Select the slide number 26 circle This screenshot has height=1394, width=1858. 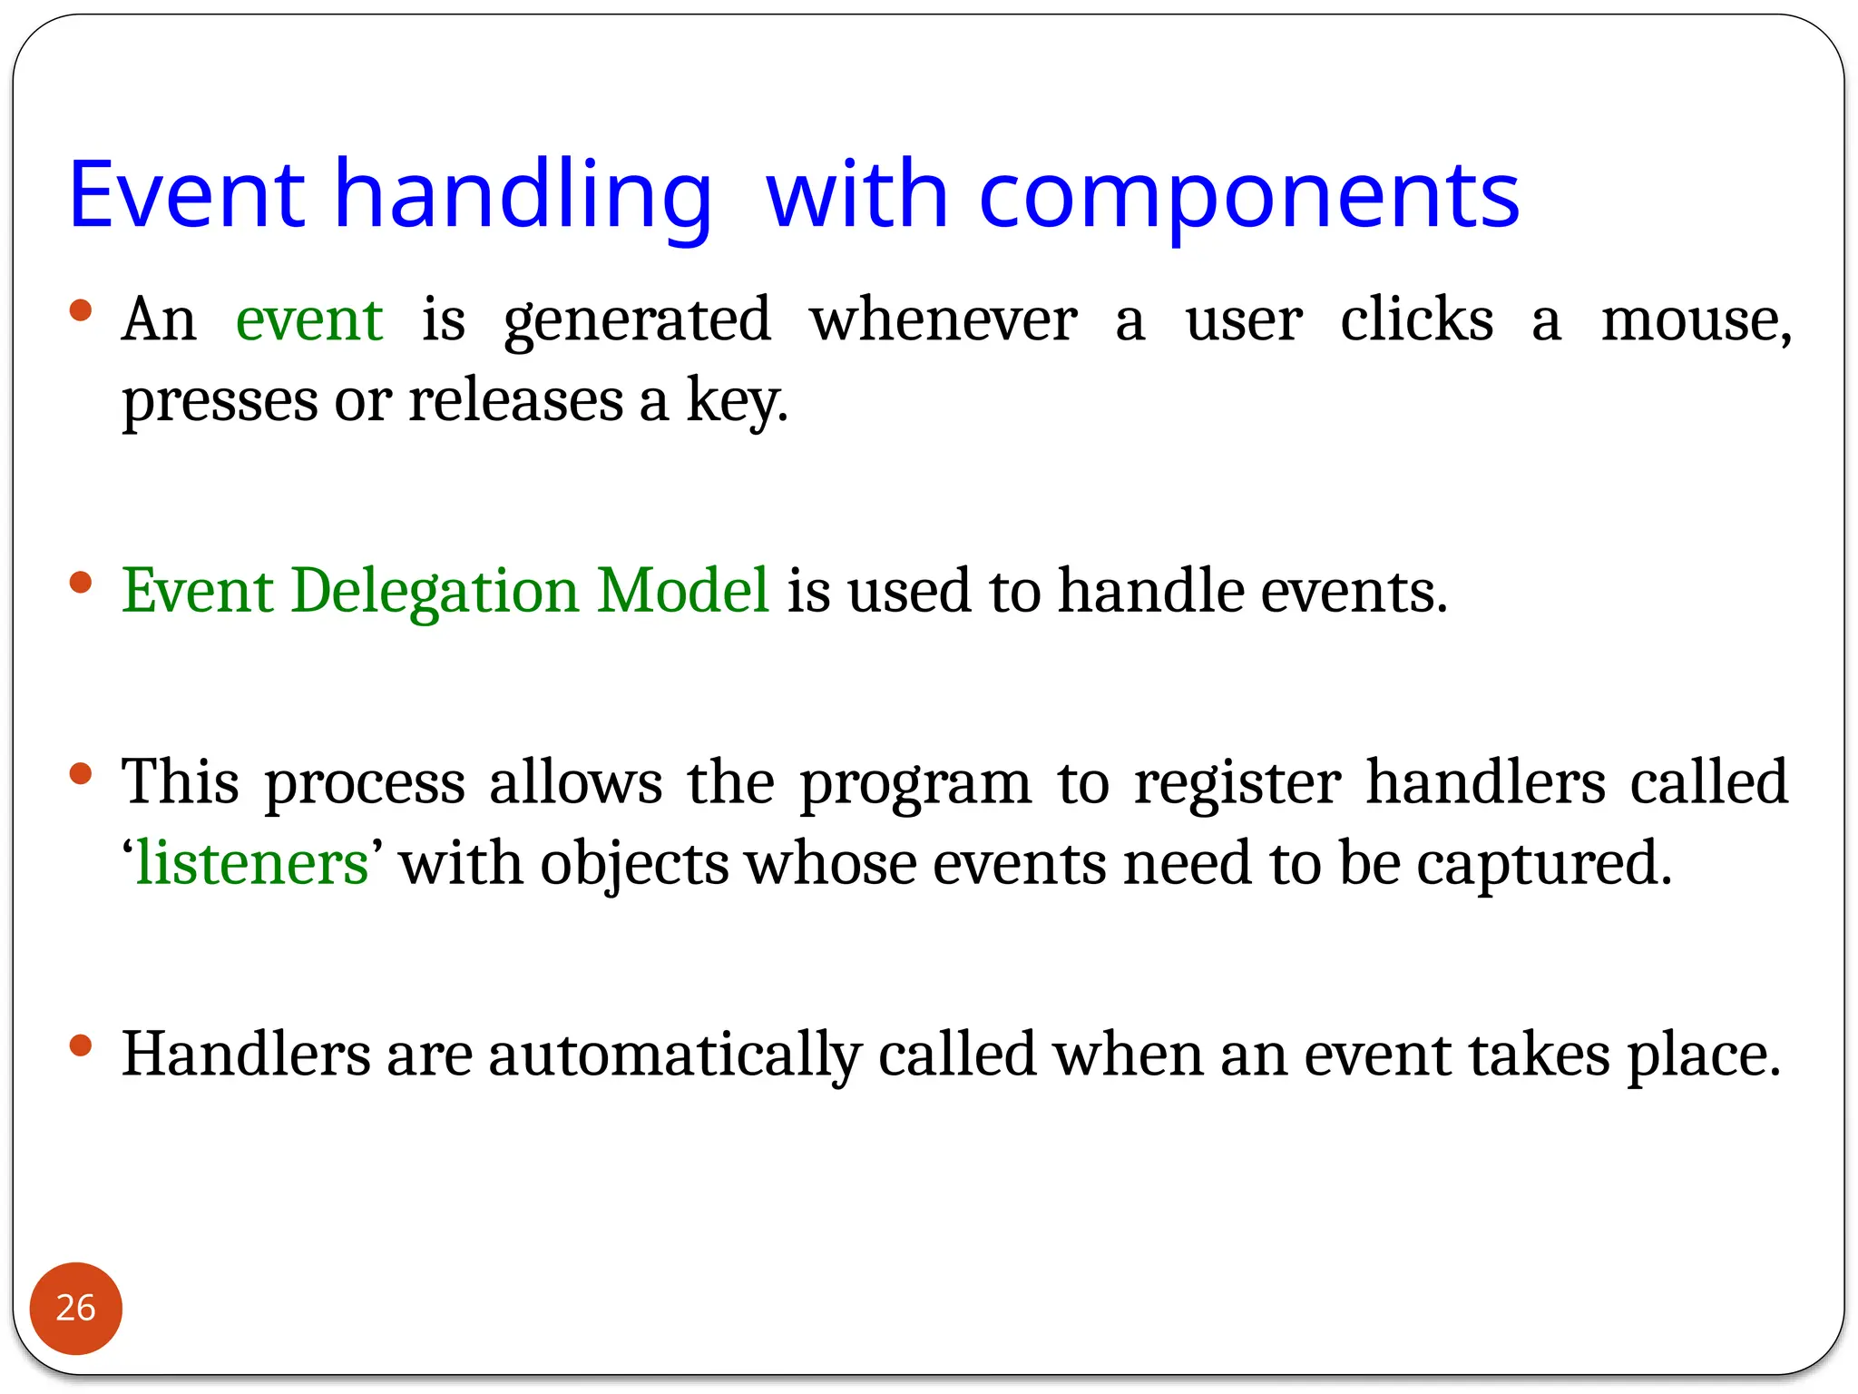[76, 1308]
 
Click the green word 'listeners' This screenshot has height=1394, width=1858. [252, 863]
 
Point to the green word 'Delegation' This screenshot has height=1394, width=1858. [435, 592]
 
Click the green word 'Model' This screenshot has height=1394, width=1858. [683, 590]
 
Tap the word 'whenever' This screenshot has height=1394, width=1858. [944, 320]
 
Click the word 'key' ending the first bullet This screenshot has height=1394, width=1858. [734, 400]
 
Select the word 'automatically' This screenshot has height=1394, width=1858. [674, 1055]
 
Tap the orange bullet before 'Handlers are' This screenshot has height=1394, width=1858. [81, 1045]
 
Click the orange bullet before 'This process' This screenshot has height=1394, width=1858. [81, 774]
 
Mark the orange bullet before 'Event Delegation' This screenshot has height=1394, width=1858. [81, 582]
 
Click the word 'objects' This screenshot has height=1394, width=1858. [634, 865]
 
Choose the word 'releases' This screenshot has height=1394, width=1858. [515, 400]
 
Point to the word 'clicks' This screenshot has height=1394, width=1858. [1416, 320]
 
